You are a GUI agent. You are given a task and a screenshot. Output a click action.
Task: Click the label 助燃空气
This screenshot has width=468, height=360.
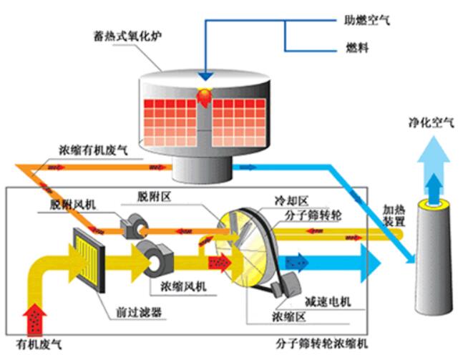coord(367,20)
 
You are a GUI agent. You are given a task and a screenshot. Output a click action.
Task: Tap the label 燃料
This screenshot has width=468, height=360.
coord(357,48)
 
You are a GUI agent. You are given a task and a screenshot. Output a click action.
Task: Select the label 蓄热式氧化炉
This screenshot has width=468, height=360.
coord(128,36)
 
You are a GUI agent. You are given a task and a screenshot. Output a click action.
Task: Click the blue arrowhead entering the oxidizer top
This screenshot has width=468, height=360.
coord(205,76)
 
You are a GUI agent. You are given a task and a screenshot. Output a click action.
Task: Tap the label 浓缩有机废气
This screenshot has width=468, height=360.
coord(93,150)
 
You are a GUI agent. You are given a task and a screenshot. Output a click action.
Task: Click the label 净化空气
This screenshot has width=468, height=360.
coord(431,122)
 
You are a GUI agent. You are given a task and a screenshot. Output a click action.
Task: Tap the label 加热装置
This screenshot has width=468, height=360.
coord(394,215)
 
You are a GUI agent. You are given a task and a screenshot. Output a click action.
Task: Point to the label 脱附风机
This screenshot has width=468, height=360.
coord(72,205)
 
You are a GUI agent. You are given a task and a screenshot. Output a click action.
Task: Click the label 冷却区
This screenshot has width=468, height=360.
coord(291,200)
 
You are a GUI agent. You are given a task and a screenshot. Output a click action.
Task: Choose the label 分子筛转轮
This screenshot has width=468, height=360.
coord(313,215)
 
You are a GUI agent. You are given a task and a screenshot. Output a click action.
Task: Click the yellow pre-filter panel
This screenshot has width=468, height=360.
coord(89,260)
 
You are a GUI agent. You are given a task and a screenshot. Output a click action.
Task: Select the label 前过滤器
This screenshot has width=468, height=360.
coord(139,312)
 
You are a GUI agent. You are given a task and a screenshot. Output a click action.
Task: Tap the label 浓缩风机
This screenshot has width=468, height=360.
coord(184,286)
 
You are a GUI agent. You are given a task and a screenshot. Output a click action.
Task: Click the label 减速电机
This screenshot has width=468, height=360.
coord(328,302)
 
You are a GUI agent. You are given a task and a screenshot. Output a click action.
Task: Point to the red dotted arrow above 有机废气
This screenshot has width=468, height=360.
coord(35,318)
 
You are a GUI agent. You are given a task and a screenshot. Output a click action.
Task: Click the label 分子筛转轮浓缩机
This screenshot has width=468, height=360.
coord(321,344)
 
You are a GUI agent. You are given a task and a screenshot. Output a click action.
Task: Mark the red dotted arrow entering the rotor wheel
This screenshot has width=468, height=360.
coord(220,263)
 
